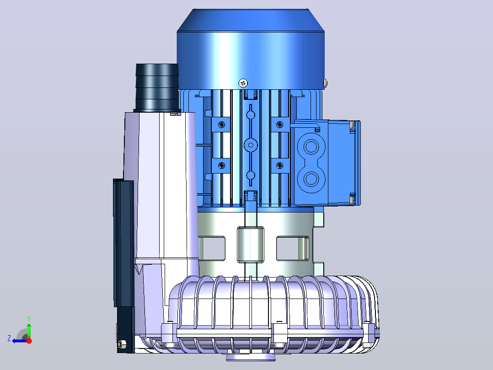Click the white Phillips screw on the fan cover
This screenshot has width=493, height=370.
[243, 83]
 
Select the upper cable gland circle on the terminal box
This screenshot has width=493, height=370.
[311, 147]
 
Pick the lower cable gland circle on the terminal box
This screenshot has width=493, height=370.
[311, 180]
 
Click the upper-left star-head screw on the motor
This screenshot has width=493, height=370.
[222, 125]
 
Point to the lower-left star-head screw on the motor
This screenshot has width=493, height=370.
[222, 165]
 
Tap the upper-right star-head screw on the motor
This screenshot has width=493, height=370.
[279, 125]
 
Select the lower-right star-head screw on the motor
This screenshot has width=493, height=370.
[279, 165]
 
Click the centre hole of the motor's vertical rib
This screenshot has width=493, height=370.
[251, 145]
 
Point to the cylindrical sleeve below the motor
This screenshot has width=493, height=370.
[250, 245]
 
